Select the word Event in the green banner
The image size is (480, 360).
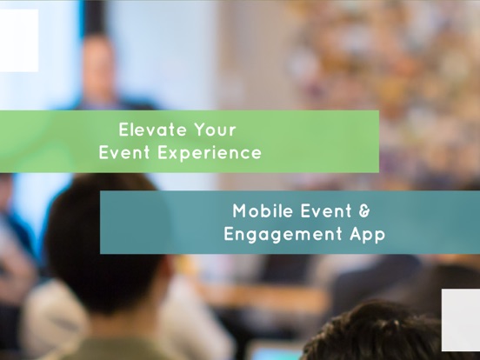123,153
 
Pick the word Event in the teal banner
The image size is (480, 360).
329,210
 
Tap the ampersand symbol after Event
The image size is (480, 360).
366,210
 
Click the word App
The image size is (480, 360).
363,235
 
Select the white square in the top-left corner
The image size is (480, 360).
18,40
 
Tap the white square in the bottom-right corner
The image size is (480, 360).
461,319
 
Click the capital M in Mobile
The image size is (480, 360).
240,210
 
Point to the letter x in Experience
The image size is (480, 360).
170,153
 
